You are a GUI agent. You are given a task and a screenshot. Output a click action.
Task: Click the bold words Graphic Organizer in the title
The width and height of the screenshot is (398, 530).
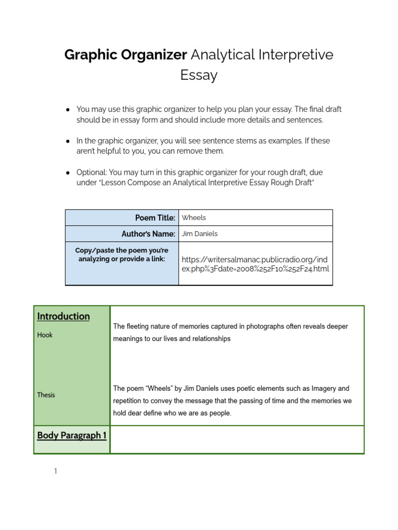click(125, 55)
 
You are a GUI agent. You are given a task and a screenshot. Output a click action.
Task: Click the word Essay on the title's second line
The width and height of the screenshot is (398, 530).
click(198, 75)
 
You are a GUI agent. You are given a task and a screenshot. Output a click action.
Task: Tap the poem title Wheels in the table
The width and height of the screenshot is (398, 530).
click(194, 218)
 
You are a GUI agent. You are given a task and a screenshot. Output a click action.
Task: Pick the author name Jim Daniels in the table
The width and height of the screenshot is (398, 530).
click(200, 234)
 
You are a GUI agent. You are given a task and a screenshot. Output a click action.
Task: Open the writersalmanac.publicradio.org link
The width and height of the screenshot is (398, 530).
click(255, 263)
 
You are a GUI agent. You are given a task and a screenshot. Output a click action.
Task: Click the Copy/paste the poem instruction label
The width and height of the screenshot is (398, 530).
click(122, 255)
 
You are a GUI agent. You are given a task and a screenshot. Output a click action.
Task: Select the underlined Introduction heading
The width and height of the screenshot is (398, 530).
click(63, 316)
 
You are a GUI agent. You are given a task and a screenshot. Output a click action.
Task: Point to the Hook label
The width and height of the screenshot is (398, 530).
click(45, 335)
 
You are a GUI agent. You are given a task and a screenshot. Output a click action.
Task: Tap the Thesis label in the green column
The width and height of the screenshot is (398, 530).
click(46, 395)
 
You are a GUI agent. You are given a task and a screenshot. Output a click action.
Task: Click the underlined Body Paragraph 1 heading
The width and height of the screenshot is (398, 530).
click(72, 435)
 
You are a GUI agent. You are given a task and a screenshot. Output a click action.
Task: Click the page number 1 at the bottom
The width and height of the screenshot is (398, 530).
click(55, 472)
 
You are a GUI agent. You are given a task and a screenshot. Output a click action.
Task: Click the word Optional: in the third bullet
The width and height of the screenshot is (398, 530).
click(92, 172)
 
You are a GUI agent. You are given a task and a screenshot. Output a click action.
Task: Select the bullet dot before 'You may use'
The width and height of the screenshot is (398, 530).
click(68, 110)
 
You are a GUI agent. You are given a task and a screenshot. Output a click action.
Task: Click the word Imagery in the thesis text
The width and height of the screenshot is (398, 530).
click(322, 388)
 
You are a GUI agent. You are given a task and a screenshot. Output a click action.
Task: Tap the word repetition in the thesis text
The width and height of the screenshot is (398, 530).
click(130, 401)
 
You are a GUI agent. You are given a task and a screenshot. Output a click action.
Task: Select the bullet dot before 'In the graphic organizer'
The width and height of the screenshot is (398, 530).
click(68, 141)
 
